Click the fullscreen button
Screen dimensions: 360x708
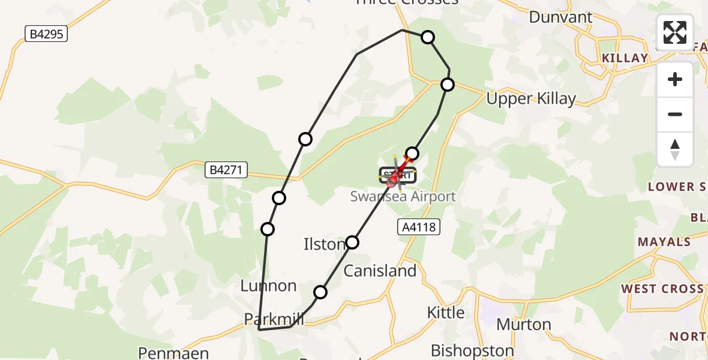click(x=675, y=32)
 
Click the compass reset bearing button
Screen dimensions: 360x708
click(x=675, y=149)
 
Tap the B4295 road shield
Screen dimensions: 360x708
click(x=46, y=34)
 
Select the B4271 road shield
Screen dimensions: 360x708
click(x=226, y=170)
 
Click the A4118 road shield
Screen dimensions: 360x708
click(x=419, y=227)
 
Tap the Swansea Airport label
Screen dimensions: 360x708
click(x=403, y=196)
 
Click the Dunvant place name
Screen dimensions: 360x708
click(x=560, y=17)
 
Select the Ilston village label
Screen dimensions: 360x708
click(x=324, y=244)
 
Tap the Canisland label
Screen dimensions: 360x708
click(x=380, y=271)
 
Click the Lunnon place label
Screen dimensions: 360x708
click(x=268, y=286)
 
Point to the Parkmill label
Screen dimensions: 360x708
click(x=274, y=319)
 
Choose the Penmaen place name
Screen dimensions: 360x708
click(x=173, y=352)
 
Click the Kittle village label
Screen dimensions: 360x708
click(x=445, y=312)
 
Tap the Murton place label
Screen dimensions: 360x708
click(x=524, y=325)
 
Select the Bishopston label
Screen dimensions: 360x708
click(x=472, y=350)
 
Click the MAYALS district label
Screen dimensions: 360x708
click(x=664, y=242)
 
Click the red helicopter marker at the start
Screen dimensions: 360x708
click(x=394, y=178)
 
